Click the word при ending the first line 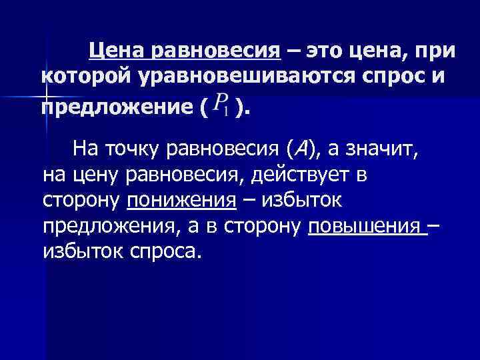(x=435, y=50)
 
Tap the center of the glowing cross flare (x=45, y=94)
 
